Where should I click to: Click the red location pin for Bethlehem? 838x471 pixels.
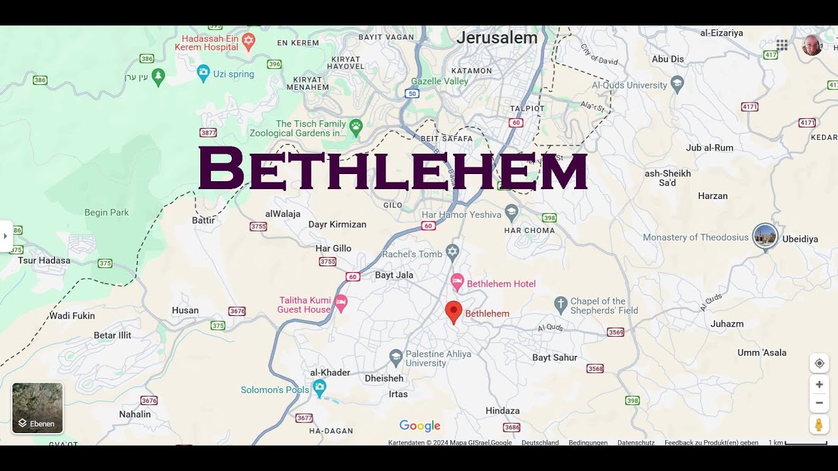[454, 311]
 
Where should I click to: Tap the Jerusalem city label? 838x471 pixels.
[497, 38]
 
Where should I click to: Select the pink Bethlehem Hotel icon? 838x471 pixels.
[458, 283]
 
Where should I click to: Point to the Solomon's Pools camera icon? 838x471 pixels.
[319, 387]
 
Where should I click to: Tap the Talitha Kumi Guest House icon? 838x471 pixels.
[340, 303]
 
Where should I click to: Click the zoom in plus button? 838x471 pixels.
[819, 385]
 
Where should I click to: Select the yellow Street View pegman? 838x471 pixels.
[819, 425]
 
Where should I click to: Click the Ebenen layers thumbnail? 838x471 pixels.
[38, 408]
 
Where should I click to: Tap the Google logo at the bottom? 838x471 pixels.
[420, 426]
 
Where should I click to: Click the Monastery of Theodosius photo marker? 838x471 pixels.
[764, 235]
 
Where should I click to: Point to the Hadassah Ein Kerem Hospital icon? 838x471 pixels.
[247, 42]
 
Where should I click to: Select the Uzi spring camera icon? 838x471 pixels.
[204, 73]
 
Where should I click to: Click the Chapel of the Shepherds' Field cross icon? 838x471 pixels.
[560, 304]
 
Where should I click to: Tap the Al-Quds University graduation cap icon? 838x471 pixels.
[677, 84]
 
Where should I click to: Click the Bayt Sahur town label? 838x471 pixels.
[555, 358]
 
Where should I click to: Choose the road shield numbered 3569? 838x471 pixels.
[615, 332]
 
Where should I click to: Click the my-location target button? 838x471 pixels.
[819, 364]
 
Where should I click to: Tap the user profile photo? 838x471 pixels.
[812, 45]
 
